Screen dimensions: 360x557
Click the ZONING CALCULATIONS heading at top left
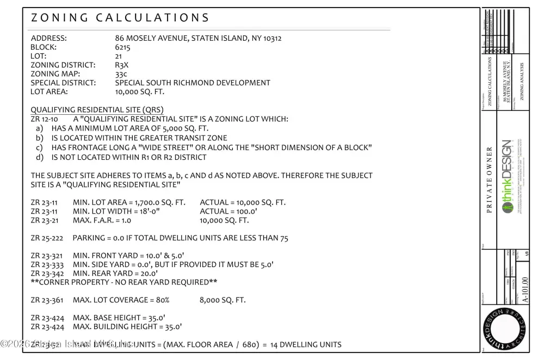coord(120,17)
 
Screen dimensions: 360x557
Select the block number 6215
coord(122,47)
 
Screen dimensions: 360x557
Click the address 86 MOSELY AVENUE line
coord(198,39)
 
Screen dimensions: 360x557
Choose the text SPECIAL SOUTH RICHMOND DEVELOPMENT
coord(193,83)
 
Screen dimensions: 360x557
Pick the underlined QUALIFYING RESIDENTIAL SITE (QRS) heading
coord(97,109)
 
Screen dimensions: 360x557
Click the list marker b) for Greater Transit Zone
coord(39,138)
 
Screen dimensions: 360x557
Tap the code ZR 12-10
coord(45,119)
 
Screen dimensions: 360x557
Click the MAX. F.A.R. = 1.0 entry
coord(102,220)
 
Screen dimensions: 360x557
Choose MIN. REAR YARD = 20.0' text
coord(115,273)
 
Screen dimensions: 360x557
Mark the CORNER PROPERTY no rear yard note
coord(124,282)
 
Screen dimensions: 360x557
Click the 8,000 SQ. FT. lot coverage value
coord(223,300)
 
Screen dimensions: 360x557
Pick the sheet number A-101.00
coord(525,289)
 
